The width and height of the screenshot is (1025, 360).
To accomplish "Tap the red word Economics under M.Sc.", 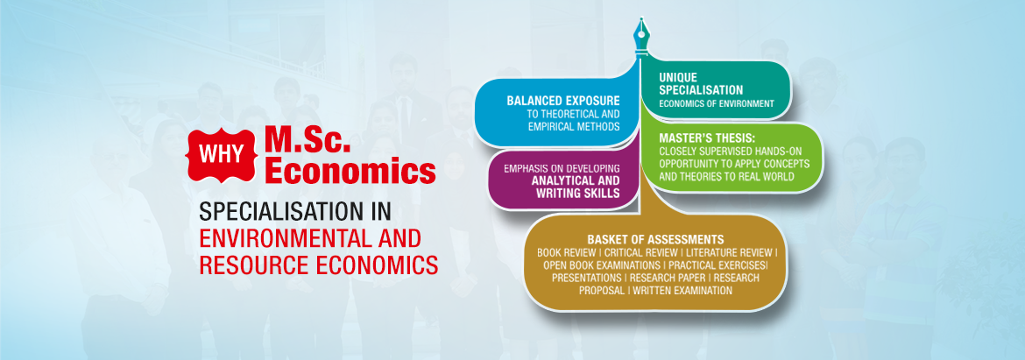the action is (350, 172).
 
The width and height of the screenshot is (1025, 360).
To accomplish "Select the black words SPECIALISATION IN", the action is (299, 212).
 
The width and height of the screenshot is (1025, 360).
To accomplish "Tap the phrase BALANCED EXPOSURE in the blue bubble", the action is (562, 102).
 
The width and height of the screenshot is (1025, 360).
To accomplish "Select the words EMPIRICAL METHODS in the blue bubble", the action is (574, 126).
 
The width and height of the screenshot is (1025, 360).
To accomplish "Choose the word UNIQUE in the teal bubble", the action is (678, 77).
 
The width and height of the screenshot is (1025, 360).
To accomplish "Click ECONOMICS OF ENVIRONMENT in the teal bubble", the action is (717, 103).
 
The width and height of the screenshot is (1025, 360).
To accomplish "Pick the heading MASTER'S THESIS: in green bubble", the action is (707, 138).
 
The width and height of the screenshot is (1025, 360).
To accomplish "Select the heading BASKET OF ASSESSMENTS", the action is (655, 239).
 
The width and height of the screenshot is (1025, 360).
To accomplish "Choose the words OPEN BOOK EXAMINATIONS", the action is (601, 265).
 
